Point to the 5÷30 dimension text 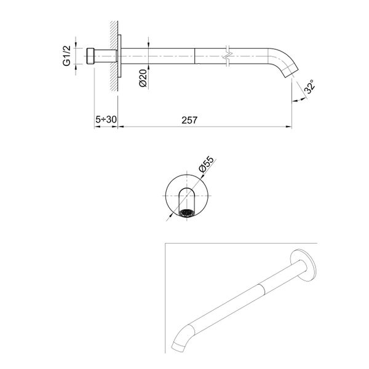[x=105, y=121]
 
